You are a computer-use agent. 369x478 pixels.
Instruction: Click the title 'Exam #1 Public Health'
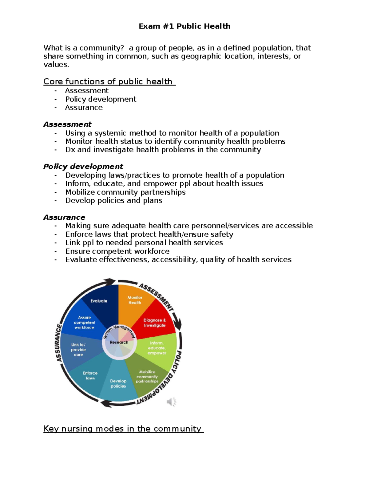click(x=184, y=26)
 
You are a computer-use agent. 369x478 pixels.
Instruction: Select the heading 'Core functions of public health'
click(x=109, y=82)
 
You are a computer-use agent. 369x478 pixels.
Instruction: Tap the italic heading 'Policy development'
click(x=83, y=167)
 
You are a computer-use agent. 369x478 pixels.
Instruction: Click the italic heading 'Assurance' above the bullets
click(x=64, y=217)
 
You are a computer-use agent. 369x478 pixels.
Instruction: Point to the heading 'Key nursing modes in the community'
click(x=123, y=429)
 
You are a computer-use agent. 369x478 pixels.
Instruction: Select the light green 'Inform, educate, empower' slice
click(x=157, y=348)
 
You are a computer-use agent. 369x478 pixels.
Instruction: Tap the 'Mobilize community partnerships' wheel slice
click(x=147, y=377)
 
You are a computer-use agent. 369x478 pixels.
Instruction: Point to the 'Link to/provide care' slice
click(x=78, y=350)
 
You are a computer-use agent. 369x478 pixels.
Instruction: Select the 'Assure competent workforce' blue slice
click(x=84, y=323)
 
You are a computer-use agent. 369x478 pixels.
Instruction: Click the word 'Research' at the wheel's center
click(x=119, y=342)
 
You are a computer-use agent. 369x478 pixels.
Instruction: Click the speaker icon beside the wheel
click(x=171, y=402)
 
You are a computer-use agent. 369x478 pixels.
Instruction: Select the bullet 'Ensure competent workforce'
click(x=117, y=251)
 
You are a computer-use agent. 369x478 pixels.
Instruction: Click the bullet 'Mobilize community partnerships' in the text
click(x=125, y=192)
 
